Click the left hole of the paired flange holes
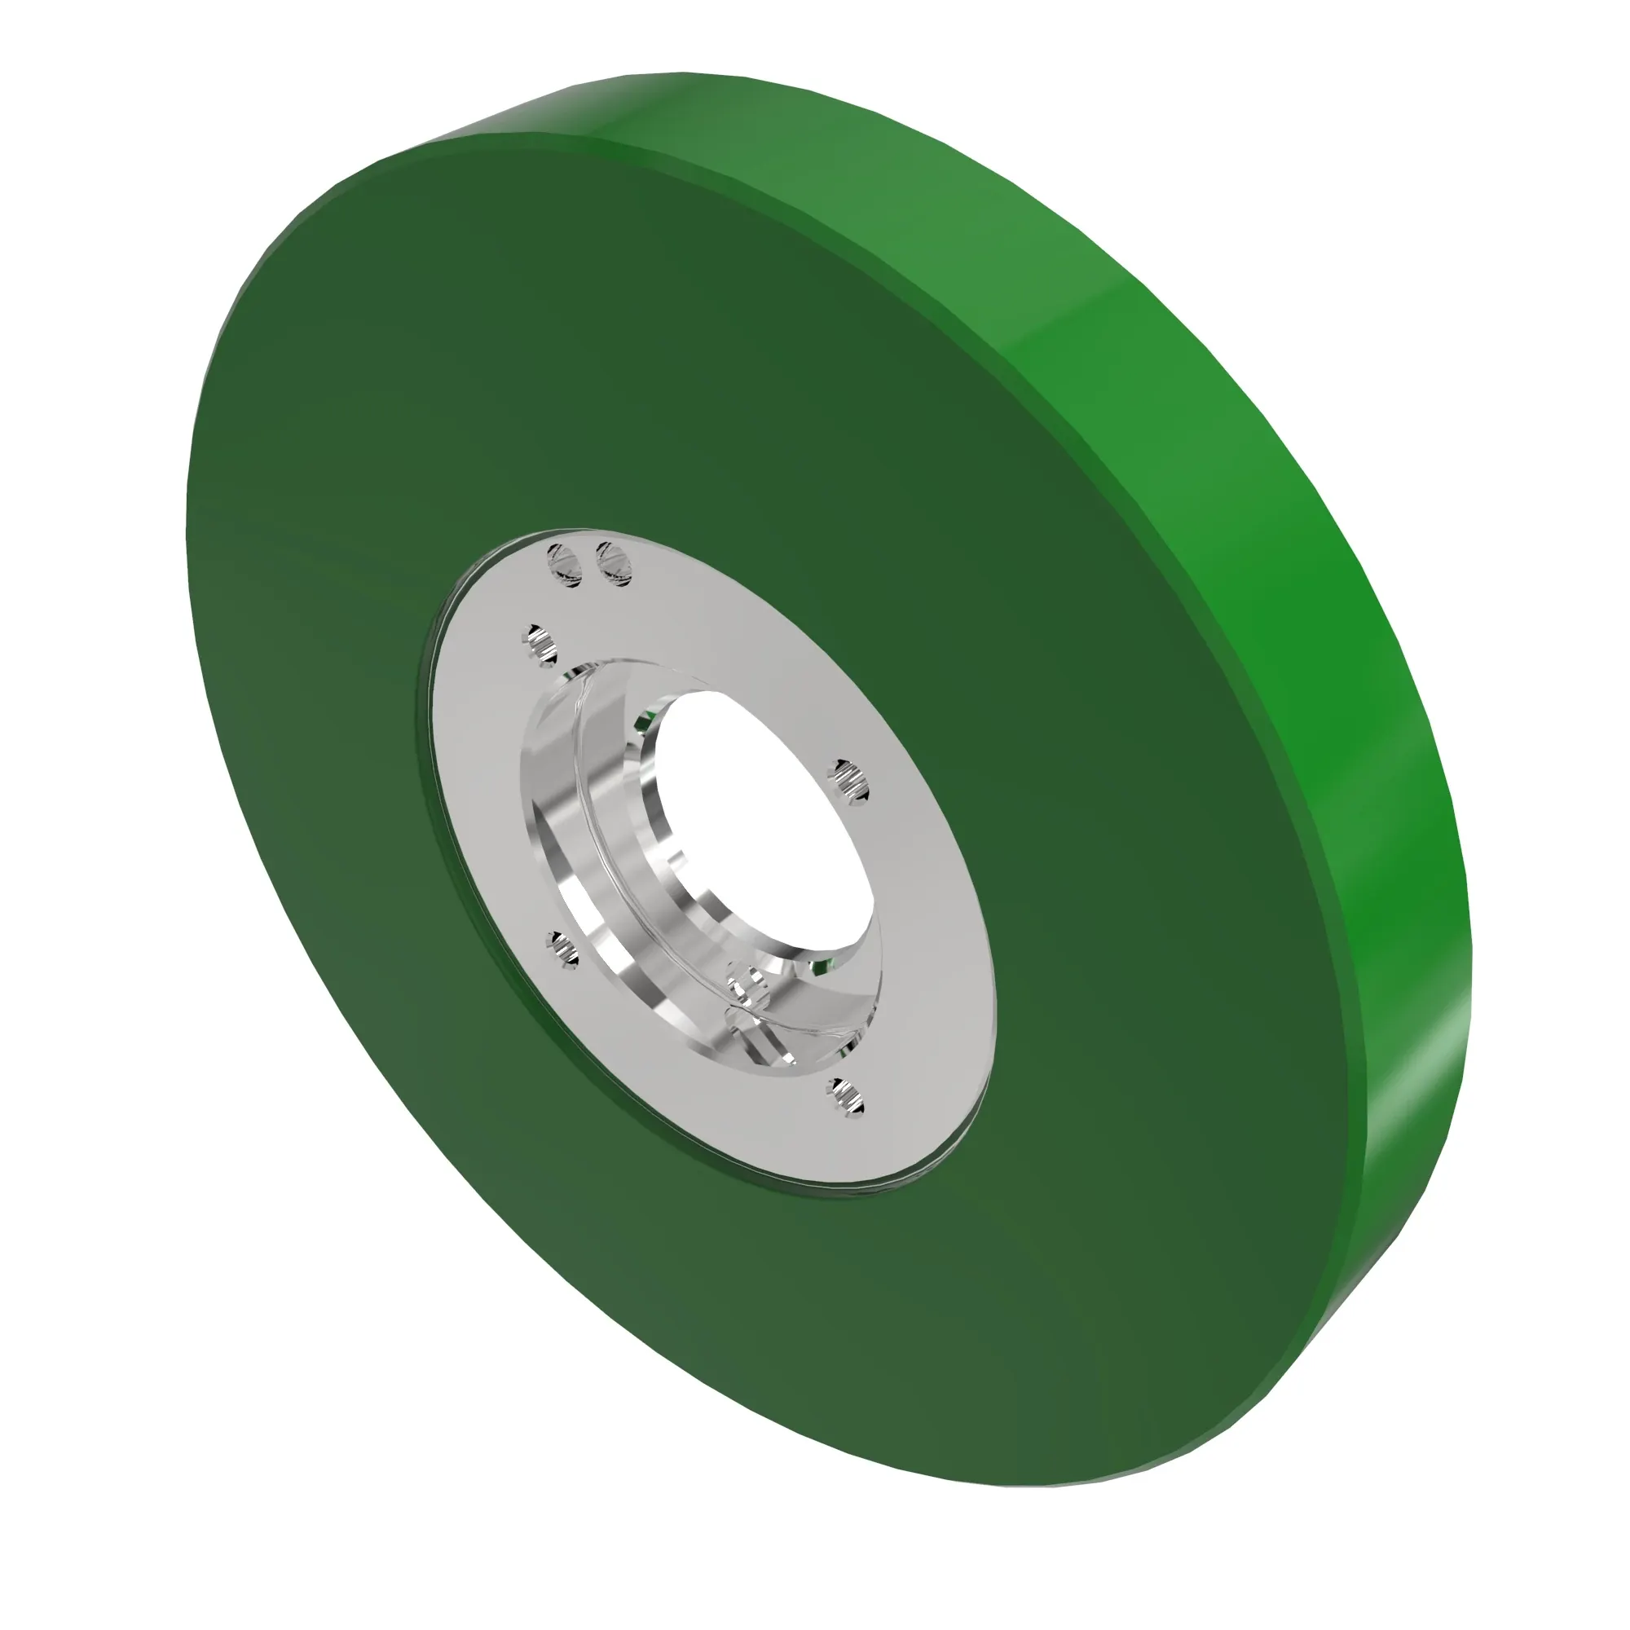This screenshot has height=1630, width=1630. pyautogui.click(x=565, y=565)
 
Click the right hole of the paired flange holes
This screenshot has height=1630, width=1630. pyautogui.click(x=615, y=564)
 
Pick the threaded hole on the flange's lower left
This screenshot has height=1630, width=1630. pyautogui.click(x=562, y=950)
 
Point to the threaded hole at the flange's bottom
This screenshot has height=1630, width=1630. pyautogui.click(x=845, y=1097)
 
